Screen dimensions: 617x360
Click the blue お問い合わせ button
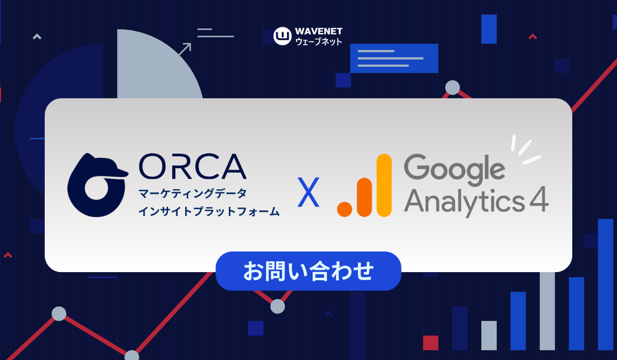pos(308,271)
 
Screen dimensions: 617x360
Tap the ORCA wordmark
pos(193,166)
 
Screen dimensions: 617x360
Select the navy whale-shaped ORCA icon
pos(98,185)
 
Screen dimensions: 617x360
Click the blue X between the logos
pos(308,192)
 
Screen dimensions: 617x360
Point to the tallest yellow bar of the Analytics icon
pos(384,185)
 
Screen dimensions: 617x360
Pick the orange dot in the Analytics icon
pos(344,209)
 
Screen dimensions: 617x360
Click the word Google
pos(455,169)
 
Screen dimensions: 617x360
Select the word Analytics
pos(465,202)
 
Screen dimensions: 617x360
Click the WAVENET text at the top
pos(319,31)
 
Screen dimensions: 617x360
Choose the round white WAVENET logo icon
pos(282,36)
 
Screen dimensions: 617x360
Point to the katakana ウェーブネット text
pos(319,42)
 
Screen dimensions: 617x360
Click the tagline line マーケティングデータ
pos(192,193)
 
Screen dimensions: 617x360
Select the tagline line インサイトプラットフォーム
pos(209,211)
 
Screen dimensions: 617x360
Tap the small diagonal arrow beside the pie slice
pos(185,49)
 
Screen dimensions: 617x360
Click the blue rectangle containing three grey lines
pos(394,59)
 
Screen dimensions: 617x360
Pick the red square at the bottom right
pos(430,343)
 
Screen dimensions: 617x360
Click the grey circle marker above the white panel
pos(452,87)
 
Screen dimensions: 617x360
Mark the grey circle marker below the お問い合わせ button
pos(277,307)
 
